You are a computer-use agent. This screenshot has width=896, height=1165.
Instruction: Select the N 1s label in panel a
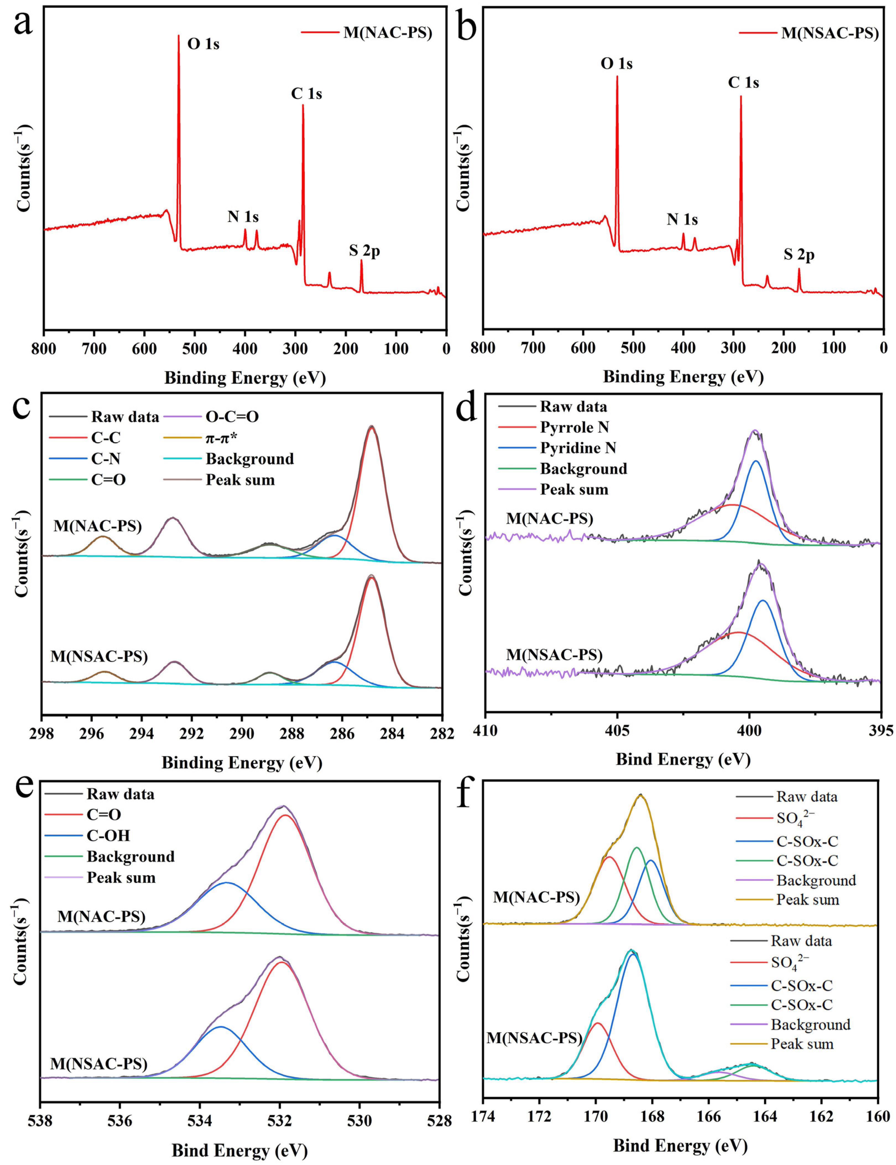point(243,217)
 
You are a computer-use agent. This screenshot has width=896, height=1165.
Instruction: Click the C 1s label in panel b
point(743,83)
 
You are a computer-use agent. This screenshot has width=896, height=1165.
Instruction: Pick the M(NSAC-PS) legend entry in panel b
point(829,34)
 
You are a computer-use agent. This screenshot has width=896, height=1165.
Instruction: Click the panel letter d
point(467,410)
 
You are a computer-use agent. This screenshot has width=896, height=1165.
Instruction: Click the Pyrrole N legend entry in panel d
point(574,427)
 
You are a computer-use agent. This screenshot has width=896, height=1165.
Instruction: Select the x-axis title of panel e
point(239,1150)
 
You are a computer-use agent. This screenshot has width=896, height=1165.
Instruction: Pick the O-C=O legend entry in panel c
point(232,417)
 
